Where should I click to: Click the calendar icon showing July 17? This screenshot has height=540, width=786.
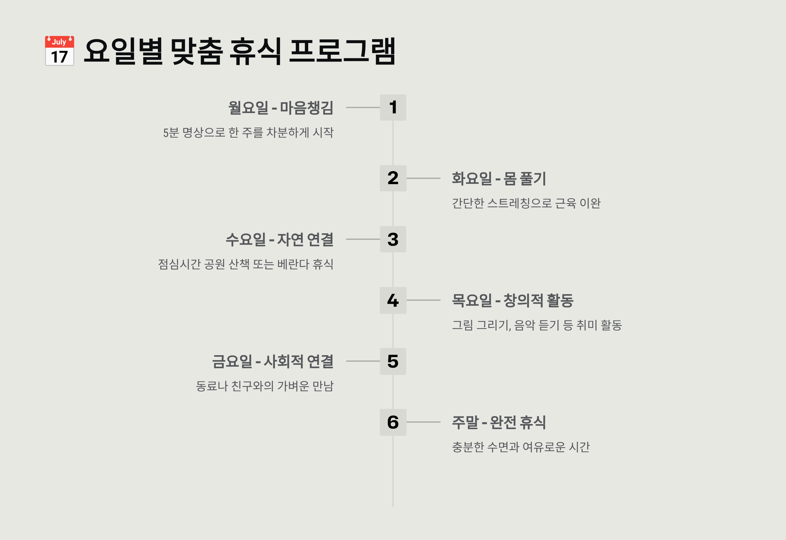coord(60,51)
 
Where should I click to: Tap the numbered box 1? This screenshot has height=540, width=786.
coord(393,107)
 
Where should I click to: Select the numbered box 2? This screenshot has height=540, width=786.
coord(393,178)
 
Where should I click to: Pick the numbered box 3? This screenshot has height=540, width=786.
coord(393,239)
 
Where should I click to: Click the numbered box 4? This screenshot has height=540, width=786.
coord(393,300)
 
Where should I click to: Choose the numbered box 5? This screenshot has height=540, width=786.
coord(393,361)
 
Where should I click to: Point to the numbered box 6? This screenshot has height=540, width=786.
coord(393,422)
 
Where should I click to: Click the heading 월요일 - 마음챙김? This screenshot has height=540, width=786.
coord(281,108)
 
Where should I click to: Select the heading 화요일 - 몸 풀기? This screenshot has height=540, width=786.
coord(499,179)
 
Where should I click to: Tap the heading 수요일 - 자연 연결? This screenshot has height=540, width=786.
coord(279,240)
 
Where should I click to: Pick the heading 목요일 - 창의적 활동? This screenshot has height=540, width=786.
coord(513,300)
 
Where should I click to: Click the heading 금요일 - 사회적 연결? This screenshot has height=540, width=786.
coord(272,361)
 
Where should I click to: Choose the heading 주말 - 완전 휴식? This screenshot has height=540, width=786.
coord(499,422)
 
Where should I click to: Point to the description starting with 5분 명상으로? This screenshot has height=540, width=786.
coord(248,132)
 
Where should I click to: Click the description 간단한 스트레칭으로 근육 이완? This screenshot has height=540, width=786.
coord(526,203)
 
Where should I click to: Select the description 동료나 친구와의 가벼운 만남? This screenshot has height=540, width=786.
coord(265,386)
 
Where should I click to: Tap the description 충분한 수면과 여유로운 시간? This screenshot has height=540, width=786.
coord(521,447)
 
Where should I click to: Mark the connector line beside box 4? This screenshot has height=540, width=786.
coord(423,300)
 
